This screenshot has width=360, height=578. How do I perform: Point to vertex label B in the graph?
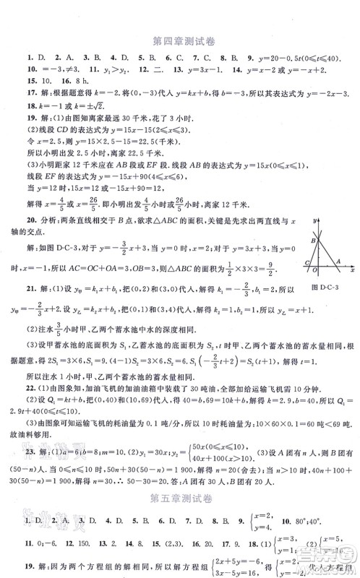(313, 241)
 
